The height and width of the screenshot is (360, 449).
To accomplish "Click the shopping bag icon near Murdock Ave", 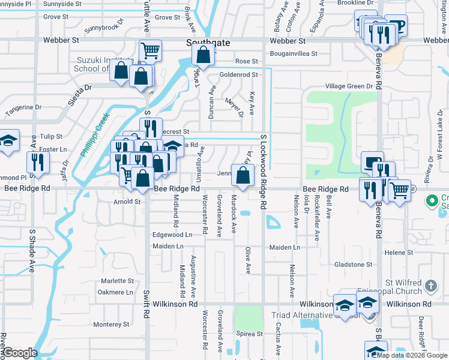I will (x=243, y=176).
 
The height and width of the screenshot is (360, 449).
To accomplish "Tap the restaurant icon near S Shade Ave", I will (x=38, y=161).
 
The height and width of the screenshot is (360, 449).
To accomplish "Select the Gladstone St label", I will (x=353, y=264).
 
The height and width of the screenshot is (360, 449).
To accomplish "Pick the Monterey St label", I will (x=107, y=324).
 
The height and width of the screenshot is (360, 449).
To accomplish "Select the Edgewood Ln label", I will (x=172, y=235).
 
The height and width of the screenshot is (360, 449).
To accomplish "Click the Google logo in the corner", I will (x=19, y=353).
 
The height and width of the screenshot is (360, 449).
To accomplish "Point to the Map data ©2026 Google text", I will (x=412, y=355).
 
